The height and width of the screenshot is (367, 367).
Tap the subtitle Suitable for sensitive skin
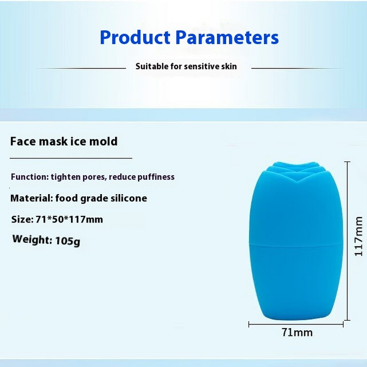click(x=186, y=67)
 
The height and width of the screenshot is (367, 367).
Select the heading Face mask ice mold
click(x=64, y=141)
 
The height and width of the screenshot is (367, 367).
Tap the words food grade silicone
click(x=101, y=199)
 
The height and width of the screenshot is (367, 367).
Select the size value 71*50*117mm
click(x=69, y=220)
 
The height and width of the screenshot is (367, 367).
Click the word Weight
click(x=31, y=239)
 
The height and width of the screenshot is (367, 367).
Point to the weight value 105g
click(x=67, y=241)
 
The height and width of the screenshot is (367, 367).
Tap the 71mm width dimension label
click(x=297, y=333)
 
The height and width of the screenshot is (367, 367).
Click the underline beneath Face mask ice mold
click(x=71, y=158)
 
